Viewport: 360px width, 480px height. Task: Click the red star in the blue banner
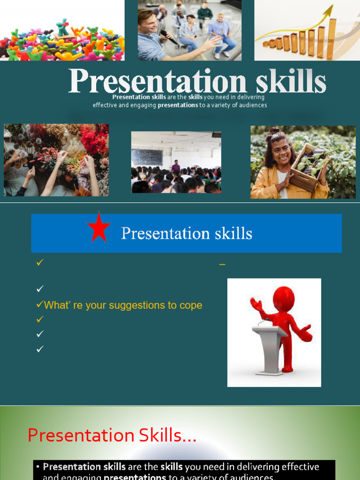point(99,227)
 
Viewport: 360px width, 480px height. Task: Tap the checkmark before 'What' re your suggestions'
point(39,305)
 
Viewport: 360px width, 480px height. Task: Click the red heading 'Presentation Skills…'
point(112,435)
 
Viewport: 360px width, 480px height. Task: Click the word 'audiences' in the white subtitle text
point(252,105)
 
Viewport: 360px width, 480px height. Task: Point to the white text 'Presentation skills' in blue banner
point(187,233)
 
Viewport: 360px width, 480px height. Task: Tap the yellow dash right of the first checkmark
point(222,265)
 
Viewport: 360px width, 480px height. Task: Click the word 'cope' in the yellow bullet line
point(191,305)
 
